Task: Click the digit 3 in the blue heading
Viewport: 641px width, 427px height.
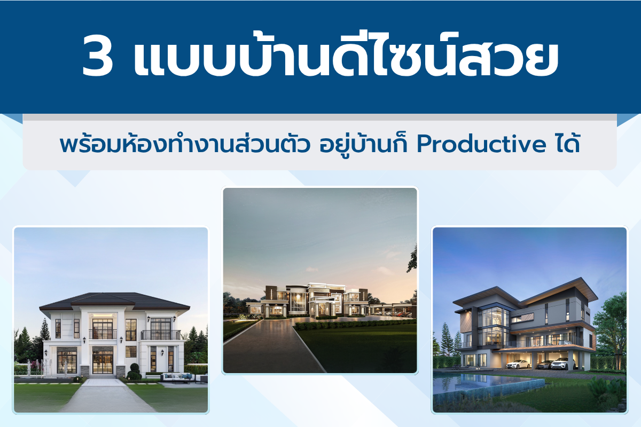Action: click(97, 56)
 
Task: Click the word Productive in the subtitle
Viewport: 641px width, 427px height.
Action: click(481, 145)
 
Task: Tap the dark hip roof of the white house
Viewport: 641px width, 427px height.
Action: click(114, 302)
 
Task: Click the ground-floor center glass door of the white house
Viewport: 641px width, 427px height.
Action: click(102, 360)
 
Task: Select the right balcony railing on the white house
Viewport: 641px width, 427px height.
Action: click(161, 335)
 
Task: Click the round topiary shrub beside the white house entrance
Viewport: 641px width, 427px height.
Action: click(134, 371)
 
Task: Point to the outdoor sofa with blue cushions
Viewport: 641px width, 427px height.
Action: click(177, 377)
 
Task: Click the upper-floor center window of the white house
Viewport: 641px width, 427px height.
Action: click(103, 329)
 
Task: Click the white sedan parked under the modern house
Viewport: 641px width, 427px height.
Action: click(518, 364)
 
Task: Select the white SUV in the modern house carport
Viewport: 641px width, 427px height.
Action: click(563, 363)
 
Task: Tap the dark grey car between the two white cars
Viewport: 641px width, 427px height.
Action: click(543, 365)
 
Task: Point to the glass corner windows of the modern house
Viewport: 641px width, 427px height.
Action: click(493, 327)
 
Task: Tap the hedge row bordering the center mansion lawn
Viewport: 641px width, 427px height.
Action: click(355, 324)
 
